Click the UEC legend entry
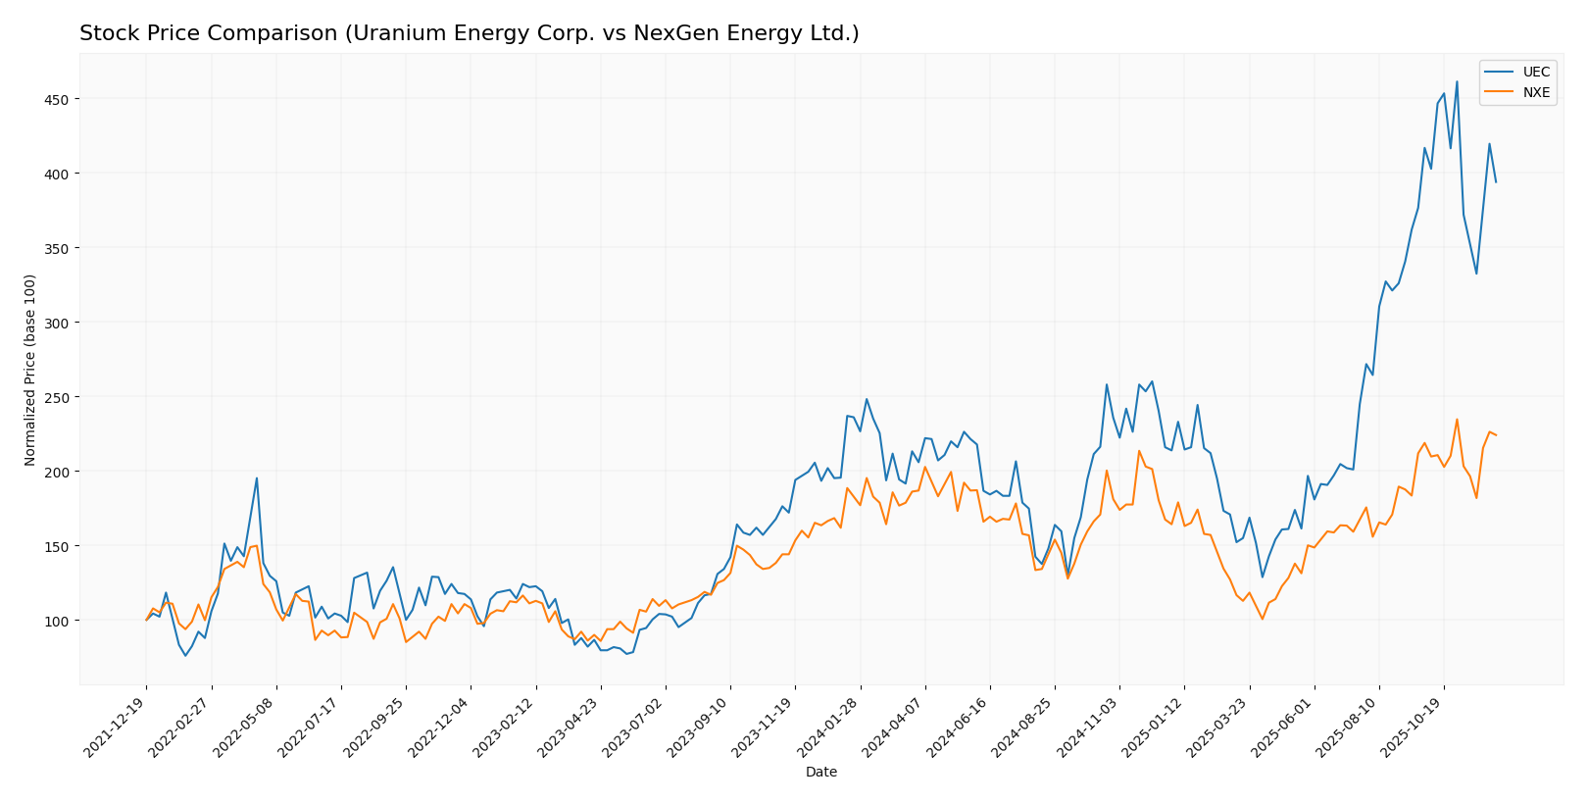click(1535, 73)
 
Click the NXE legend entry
click(1535, 93)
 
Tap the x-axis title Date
click(820, 773)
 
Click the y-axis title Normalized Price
click(30, 370)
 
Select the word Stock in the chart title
click(105, 33)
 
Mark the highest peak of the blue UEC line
click(1457, 81)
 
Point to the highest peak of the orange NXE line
click(1457, 420)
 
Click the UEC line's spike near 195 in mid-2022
click(257, 478)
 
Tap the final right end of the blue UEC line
click(1496, 182)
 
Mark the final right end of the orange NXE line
click(1496, 435)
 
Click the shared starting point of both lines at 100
click(146, 620)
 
